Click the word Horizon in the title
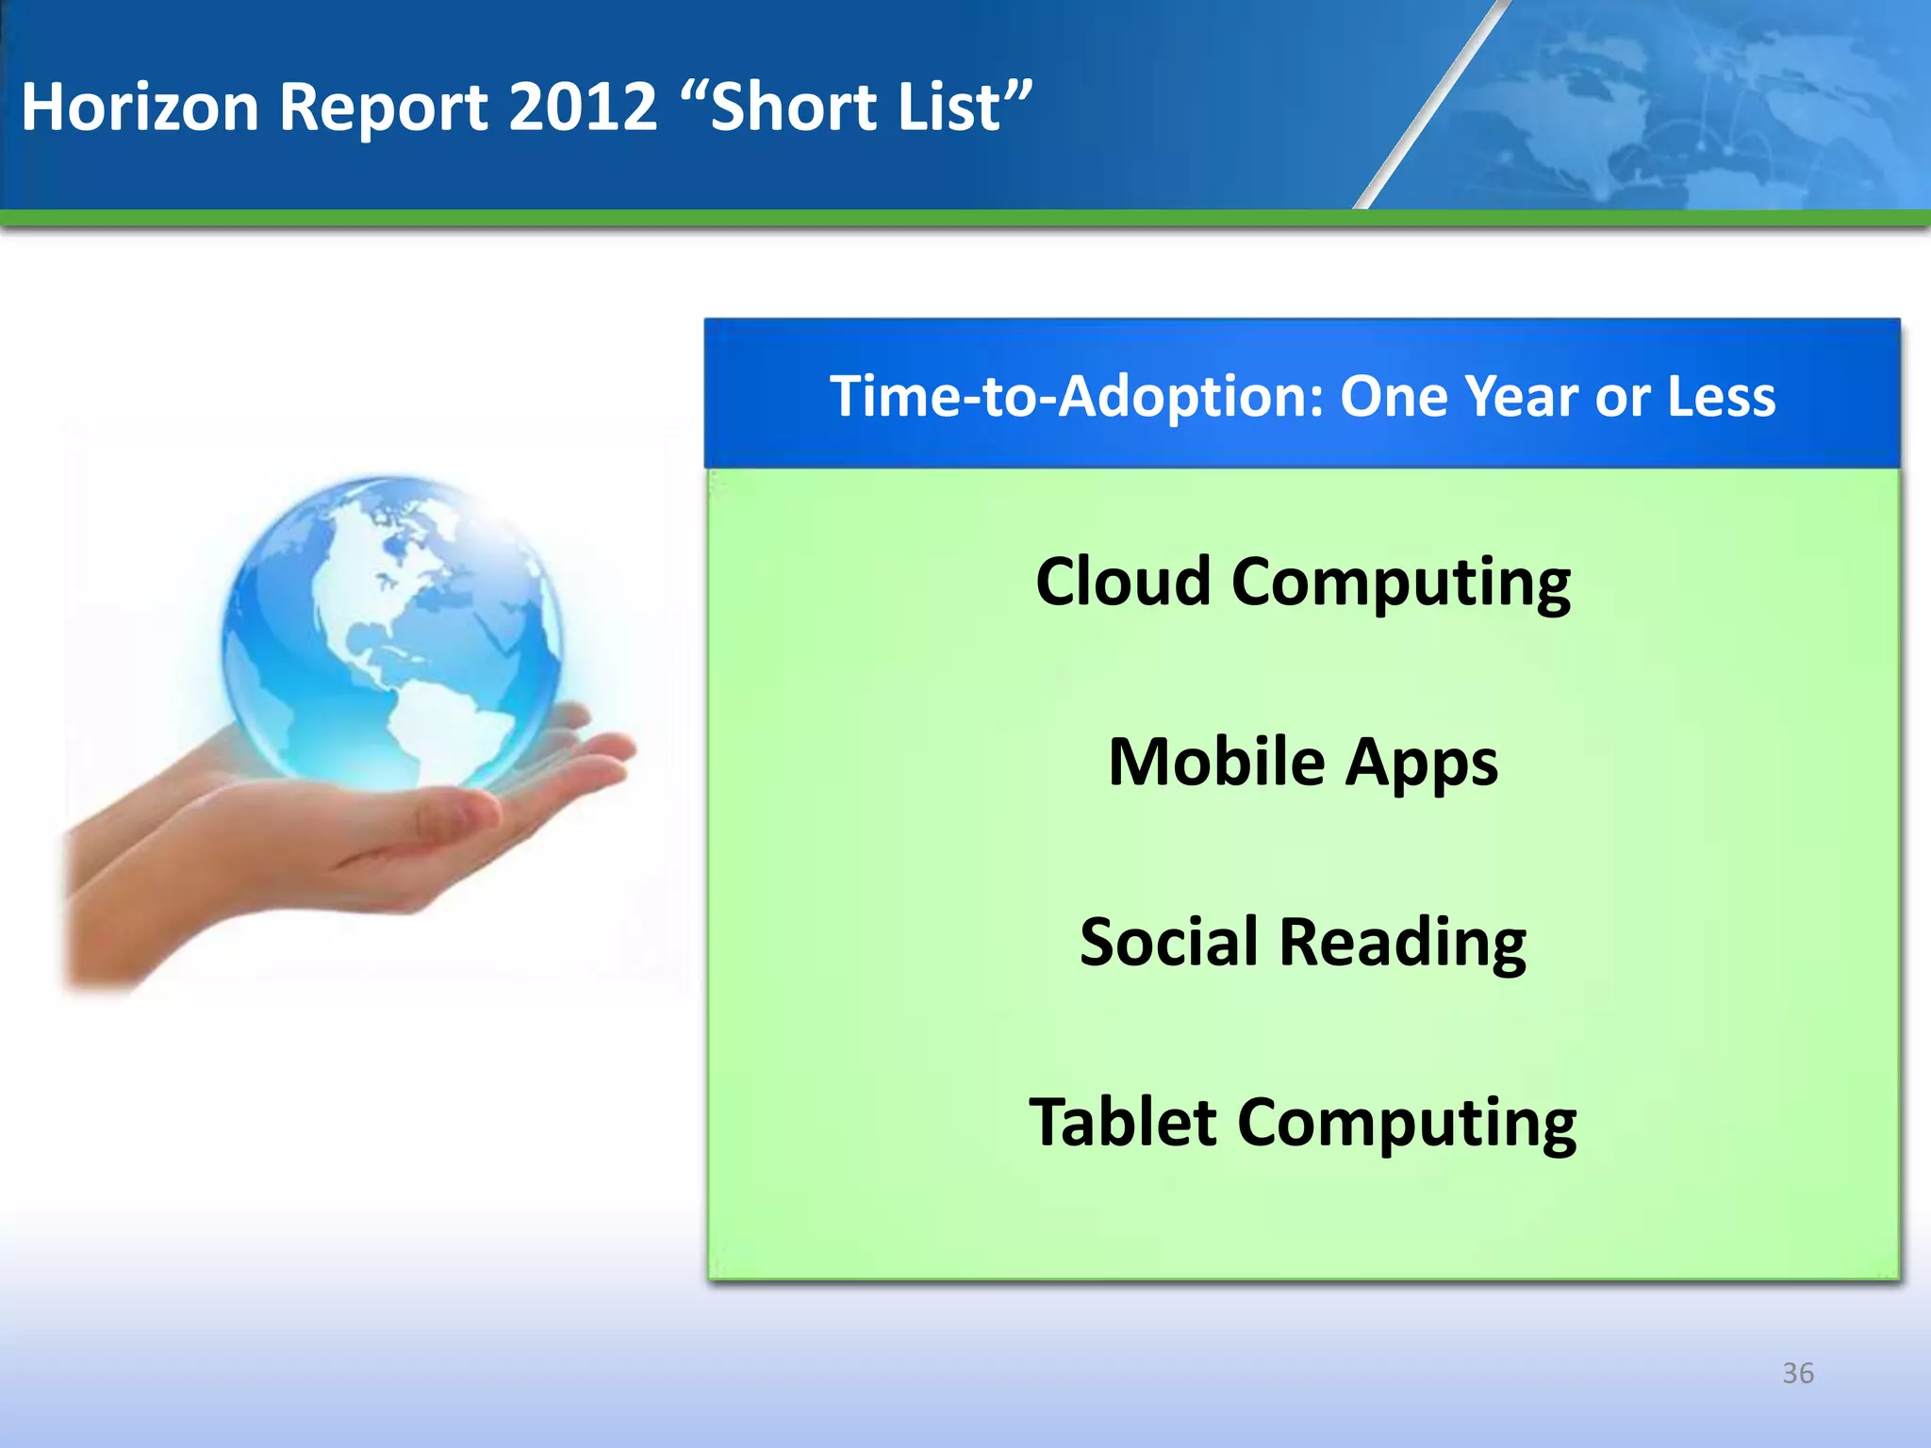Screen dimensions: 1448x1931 coord(140,106)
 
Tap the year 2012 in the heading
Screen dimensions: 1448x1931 coord(582,106)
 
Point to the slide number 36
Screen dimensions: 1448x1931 coord(1798,1374)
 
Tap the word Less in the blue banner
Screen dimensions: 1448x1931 coord(1721,396)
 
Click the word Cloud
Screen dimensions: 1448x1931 coord(1122,581)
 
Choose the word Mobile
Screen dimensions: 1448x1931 coord(1216,762)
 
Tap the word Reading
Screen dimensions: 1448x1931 coord(1402,944)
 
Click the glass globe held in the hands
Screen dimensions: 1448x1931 coord(391,632)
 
